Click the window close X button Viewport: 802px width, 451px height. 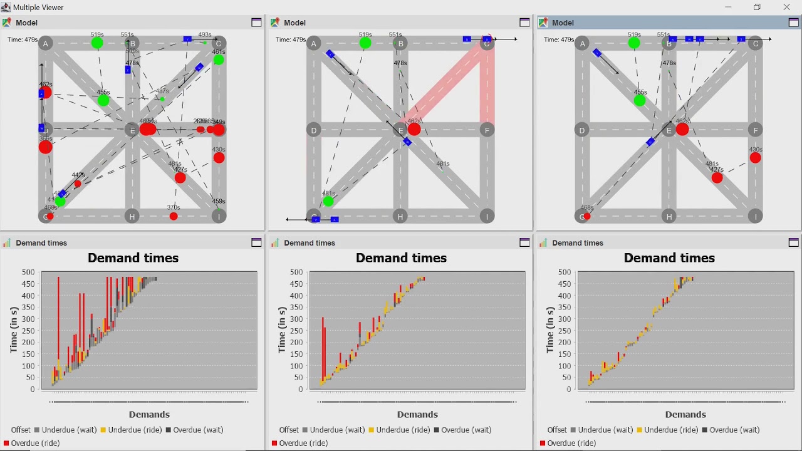click(786, 8)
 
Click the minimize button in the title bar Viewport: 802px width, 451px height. click(728, 8)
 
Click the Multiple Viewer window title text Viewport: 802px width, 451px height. click(38, 8)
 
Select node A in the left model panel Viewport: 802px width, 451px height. click(46, 43)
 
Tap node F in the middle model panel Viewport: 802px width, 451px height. click(487, 130)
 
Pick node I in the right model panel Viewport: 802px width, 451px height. click(756, 217)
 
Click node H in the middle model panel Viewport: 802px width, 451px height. click(400, 217)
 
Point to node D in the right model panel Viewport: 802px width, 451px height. click(582, 130)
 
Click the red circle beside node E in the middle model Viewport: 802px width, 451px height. click(414, 130)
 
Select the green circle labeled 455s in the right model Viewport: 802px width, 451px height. click(640, 100)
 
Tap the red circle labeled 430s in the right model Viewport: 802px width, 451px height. click(756, 158)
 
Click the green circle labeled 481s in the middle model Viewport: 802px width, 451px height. click(328, 201)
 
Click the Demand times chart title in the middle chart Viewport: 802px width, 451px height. click(401, 258)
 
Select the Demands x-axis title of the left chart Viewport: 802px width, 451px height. click(149, 415)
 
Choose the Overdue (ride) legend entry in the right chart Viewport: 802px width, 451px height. click(570, 443)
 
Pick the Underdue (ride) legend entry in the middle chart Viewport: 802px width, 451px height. click(404, 430)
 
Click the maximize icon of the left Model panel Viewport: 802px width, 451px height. click(256, 23)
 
